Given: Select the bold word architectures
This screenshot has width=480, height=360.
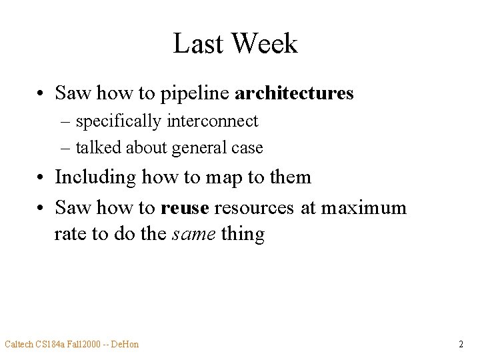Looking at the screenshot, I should (x=294, y=93).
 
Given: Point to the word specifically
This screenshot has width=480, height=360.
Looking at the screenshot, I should (x=118, y=122).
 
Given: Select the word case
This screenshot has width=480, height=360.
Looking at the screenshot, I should (x=247, y=148).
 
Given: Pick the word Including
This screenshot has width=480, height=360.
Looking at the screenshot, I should (x=94, y=177).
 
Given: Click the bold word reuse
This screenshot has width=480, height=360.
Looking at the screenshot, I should (x=185, y=208).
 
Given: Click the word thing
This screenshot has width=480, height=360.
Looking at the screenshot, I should (x=243, y=235).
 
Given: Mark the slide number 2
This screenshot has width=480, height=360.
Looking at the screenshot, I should (x=461, y=344).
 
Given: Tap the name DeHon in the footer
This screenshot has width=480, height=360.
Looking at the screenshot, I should (x=125, y=344).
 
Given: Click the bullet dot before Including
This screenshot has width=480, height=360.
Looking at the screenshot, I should (x=41, y=178).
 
